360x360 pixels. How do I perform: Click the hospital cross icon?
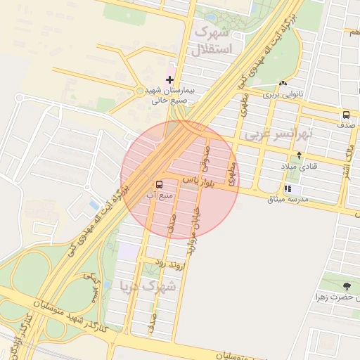(x=169, y=79)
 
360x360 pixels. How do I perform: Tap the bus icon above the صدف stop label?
(x=345, y=115)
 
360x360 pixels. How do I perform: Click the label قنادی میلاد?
(x=300, y=167)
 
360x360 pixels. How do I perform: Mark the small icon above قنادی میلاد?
(x=300, y=155)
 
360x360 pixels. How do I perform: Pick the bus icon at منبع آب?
(x=158, y=184)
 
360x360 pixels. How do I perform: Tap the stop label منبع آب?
(x=159, y=195)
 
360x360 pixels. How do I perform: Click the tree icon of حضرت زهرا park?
(x=346, y=286)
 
